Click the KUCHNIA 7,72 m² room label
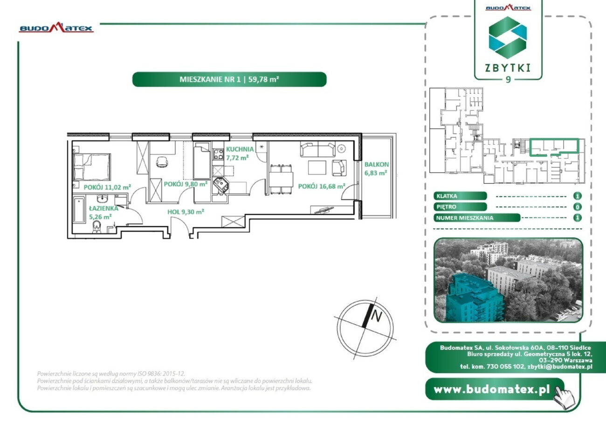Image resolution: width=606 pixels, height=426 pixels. pos(240,154)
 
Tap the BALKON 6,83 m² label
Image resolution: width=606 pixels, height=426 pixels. pos(376,168)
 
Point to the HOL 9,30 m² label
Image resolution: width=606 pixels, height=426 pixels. pos(186,212)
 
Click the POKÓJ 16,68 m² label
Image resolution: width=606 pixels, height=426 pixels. pos(322,186)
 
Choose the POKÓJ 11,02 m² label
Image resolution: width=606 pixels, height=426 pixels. pos(107,187)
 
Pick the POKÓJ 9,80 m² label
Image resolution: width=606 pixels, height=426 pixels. pos(186,184)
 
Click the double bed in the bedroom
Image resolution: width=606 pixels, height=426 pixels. pos(92,167)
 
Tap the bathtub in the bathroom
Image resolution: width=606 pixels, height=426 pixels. pos(79,210)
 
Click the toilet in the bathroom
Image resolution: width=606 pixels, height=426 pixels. pos(96,227)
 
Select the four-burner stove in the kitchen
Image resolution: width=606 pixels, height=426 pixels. pos(218,154)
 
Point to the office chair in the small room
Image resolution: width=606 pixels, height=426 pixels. pos(162,162)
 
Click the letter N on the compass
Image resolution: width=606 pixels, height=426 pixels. pos(376,316)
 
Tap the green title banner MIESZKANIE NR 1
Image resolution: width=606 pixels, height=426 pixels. pos(229,79)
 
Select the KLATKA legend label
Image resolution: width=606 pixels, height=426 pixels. pos(460,196)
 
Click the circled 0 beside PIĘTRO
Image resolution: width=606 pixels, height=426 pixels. pos(577,207)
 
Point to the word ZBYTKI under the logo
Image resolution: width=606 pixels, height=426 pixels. pos(508,68)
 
